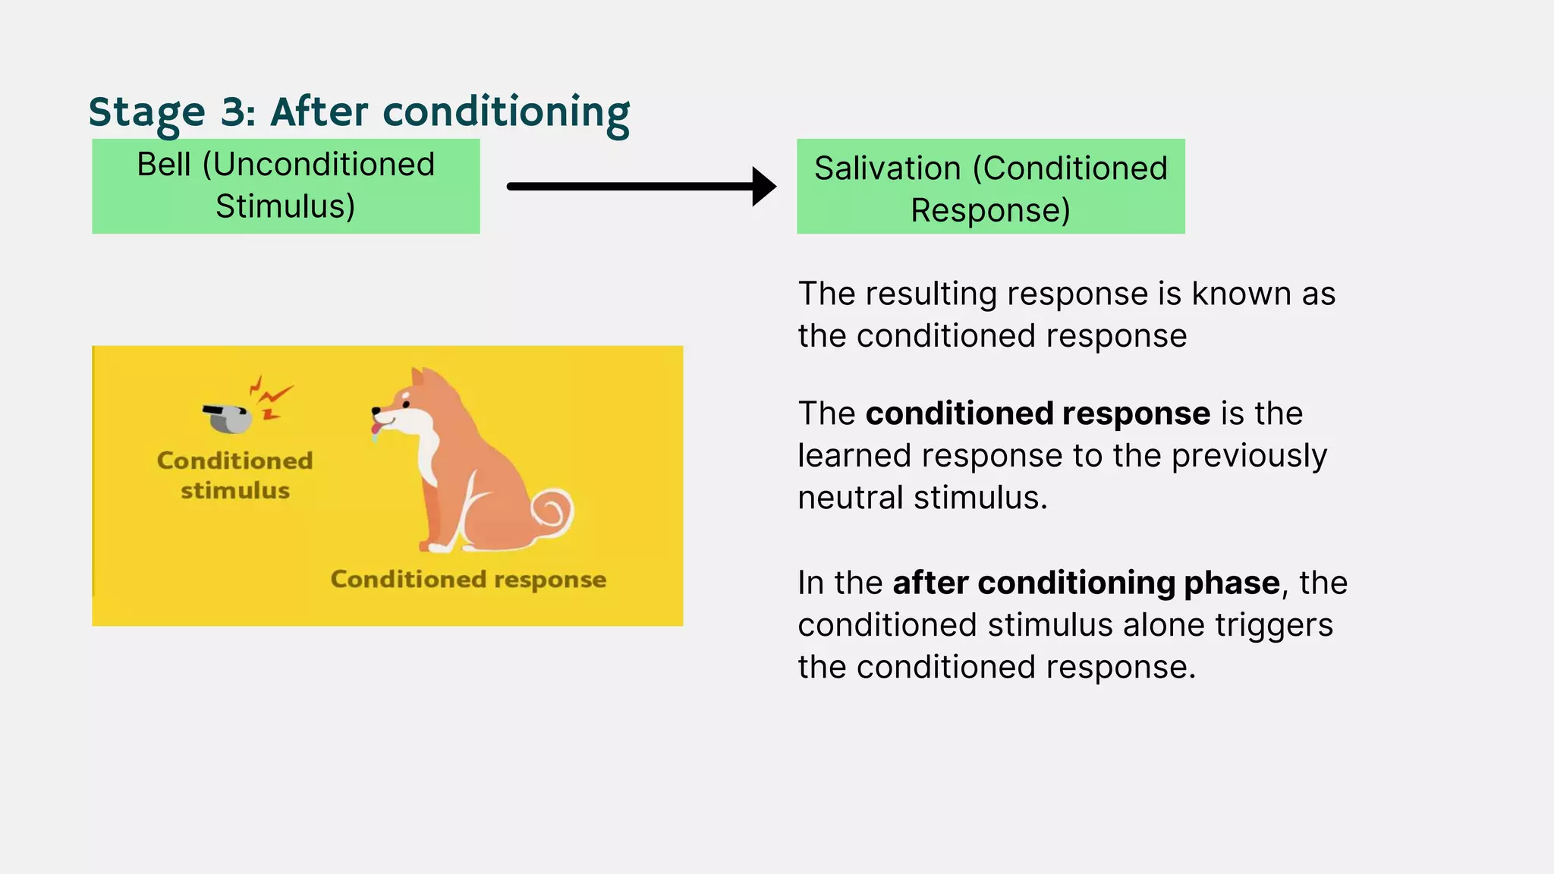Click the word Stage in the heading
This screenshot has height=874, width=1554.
[x=146, y=112]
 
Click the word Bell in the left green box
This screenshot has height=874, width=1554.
[x=164, y=165]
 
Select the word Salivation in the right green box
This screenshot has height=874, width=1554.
[x=887, y=168]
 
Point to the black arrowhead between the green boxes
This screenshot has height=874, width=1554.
[x=763, y=187]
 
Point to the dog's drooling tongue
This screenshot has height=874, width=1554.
[x=376, y=432]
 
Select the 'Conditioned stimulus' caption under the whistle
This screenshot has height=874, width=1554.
[x=234, y=475]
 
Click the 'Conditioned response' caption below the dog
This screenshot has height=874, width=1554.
[x=468, y=580]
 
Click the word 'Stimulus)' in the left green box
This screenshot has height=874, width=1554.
[x=285, y=206]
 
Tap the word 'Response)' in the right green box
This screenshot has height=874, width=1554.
[x=990, y=210]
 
